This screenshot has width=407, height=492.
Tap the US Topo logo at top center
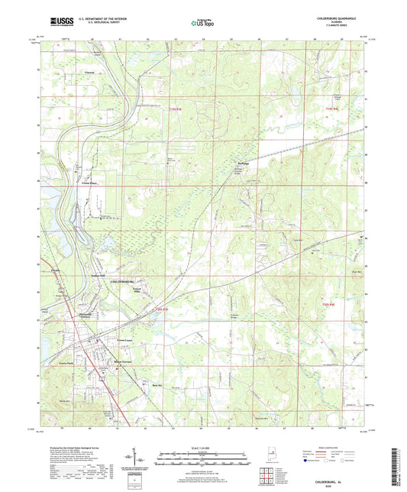(x=202, y=24)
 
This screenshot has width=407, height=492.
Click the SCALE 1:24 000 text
(x=203, y=447)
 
